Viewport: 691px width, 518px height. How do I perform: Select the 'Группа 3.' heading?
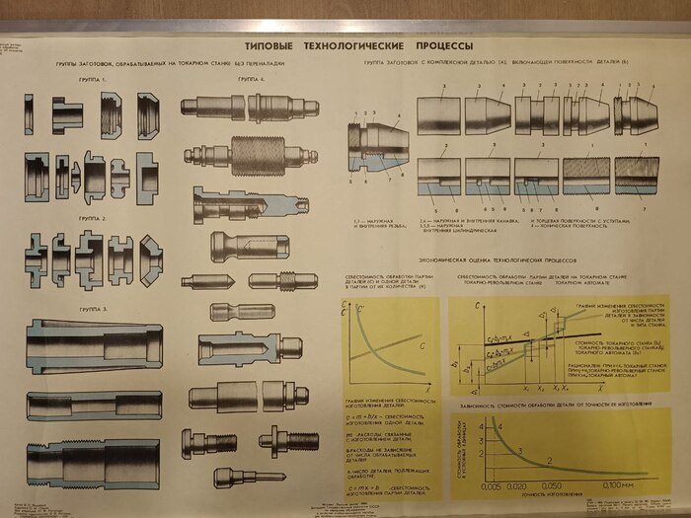point(91,310)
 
